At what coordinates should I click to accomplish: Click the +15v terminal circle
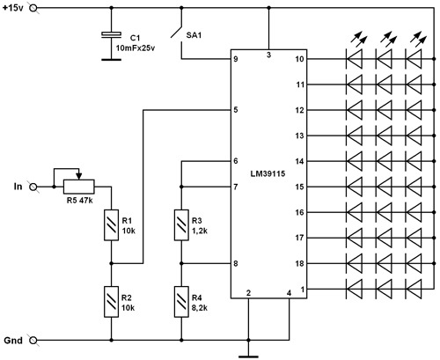(x=34, y=8)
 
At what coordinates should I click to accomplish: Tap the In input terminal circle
(x=33, y=187)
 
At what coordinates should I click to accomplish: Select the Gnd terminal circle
(x=33, y=341)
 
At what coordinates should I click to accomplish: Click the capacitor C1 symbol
(x=111, y=34)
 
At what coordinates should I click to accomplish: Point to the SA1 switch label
(x=194, y=35)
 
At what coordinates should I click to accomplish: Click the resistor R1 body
(x=112, y=225)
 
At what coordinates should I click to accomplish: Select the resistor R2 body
(x=112, y=302)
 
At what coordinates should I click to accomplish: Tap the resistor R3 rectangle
(x=181, y=225)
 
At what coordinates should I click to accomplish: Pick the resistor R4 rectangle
(x=181, y=302)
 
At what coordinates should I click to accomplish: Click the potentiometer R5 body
(x=79, y=187)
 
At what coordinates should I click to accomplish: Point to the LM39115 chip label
(x=268, y=173)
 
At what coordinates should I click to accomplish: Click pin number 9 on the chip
(x=236, y=59)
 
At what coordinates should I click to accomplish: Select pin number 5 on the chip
(x=236, y=110)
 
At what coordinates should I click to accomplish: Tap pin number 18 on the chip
(x=299, y=263)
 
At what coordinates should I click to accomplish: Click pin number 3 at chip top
(x=268, y=55)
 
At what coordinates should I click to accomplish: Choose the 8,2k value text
(x=200, y=308)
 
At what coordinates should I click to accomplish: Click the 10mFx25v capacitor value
(x=136, y=48)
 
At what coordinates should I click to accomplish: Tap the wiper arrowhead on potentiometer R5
(x=79, y=176)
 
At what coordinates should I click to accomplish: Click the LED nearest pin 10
(x=355, y=59)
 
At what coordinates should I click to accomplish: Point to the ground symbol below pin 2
(x=248, y=356)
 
